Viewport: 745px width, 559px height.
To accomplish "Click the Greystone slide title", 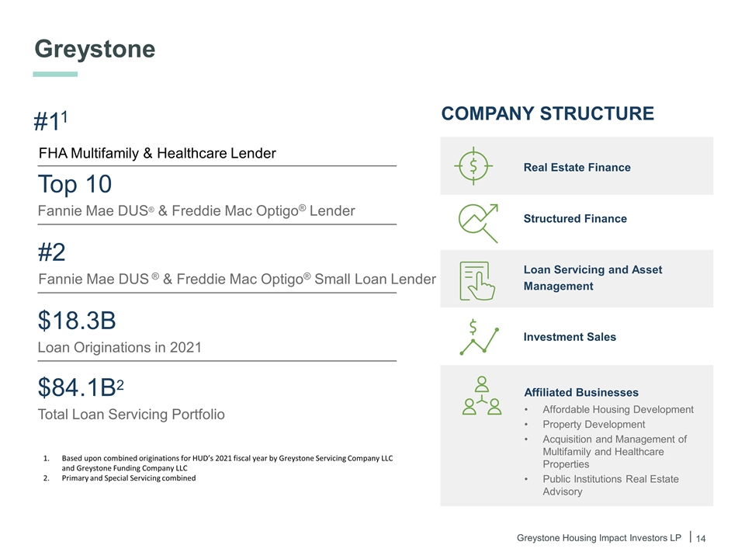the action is (95, 50).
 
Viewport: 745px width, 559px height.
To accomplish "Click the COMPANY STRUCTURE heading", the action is (547, 113).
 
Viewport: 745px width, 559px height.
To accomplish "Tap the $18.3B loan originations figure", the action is (77, 321).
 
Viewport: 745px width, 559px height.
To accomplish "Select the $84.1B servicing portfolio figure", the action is (80, 387).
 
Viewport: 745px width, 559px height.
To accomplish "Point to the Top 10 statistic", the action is (74, 184).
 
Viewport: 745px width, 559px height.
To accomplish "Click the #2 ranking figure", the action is (51, 252).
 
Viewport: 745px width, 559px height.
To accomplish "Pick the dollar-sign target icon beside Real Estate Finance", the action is (473, 166).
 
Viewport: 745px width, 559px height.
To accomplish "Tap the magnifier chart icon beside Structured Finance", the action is (478, 223).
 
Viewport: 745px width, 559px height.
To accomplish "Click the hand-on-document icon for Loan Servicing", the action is (477, 280).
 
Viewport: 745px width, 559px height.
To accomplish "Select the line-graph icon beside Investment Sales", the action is (479, 337).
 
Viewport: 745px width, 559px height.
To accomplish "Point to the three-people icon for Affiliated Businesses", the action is (482, 395).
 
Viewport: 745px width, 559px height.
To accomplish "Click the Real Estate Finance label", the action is (577, 168).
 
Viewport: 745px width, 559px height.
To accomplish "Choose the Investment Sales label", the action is (570, 337).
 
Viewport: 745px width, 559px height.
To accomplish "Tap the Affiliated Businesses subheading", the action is (581, 393).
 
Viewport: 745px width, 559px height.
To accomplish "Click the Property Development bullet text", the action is (594, 425).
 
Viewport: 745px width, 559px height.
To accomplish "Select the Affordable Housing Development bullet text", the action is (619, 410).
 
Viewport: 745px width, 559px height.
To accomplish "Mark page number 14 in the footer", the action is (701, 539).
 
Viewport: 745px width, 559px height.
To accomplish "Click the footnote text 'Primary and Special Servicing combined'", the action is (129, 478).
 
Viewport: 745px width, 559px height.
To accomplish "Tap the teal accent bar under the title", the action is (55, 75).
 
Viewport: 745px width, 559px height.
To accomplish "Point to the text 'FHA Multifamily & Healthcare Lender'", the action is (158, 153).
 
